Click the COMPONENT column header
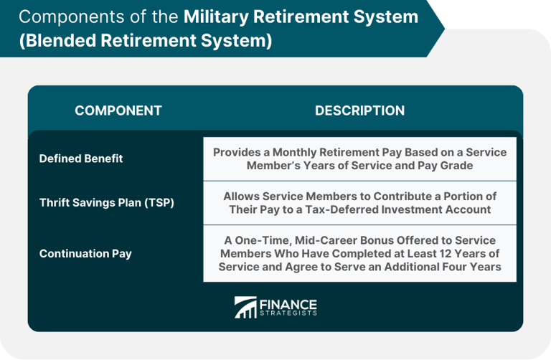(118, 110)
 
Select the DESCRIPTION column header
(359, 110)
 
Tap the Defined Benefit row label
(81, 158)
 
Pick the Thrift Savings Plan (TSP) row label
(106, 203)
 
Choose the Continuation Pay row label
(85, 254)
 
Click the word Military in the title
(216, 17)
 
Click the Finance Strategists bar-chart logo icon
(245, 308)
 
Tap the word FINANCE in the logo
(288, 304)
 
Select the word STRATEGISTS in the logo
(288, 313)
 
